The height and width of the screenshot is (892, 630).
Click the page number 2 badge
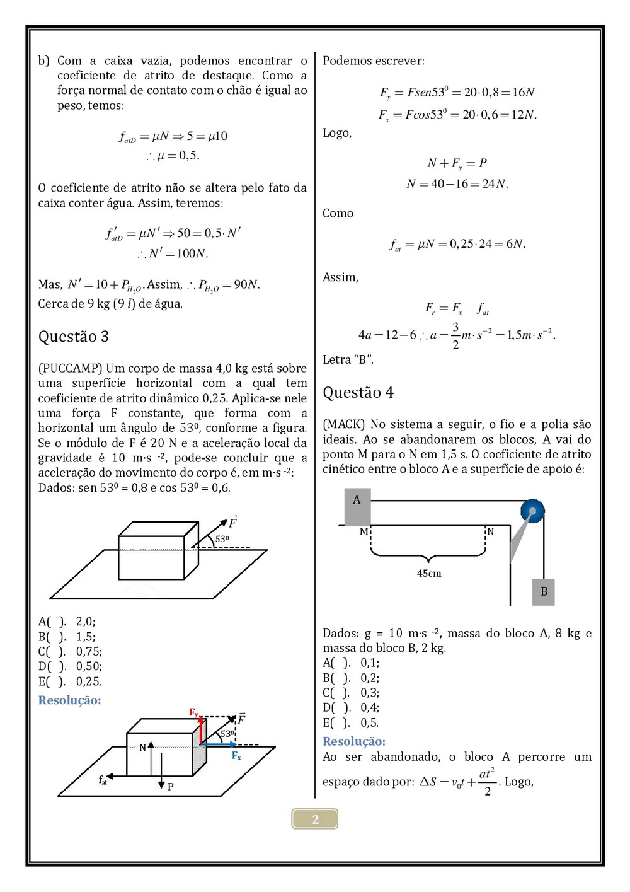(315, 819)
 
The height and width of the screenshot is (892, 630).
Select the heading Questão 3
(74, 337)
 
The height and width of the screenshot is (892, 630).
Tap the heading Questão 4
(358, 393)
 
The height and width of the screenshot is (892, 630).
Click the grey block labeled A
(357, 506)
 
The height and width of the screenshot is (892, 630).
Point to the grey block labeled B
(544, 592)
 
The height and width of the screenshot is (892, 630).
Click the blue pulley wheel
(532, 511)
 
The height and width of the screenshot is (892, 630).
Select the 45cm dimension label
(429, 574)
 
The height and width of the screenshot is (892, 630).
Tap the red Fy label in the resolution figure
(194, 712)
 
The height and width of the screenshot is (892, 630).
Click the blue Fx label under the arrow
(236, 756)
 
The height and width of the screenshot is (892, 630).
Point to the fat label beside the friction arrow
(103, 780)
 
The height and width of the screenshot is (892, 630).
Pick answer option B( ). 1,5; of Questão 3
(67, 637)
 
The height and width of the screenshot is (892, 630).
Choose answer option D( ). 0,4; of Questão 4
(351, 708)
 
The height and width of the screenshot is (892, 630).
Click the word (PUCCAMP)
(70, 368)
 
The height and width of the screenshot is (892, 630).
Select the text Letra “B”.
(348, 360)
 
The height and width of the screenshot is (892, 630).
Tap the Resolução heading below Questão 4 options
(354, 741)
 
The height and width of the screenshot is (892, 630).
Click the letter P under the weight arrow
(170, 787)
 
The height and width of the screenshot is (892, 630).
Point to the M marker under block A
(364, 532)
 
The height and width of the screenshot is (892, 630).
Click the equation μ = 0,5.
(173, 156)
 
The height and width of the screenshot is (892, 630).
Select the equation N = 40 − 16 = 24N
(457, 184)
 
